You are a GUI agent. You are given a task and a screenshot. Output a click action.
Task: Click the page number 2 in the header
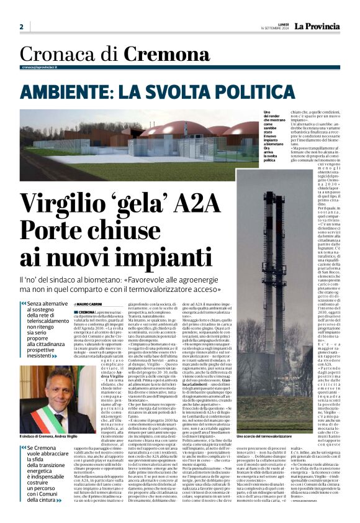click(x=21, y=27)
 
